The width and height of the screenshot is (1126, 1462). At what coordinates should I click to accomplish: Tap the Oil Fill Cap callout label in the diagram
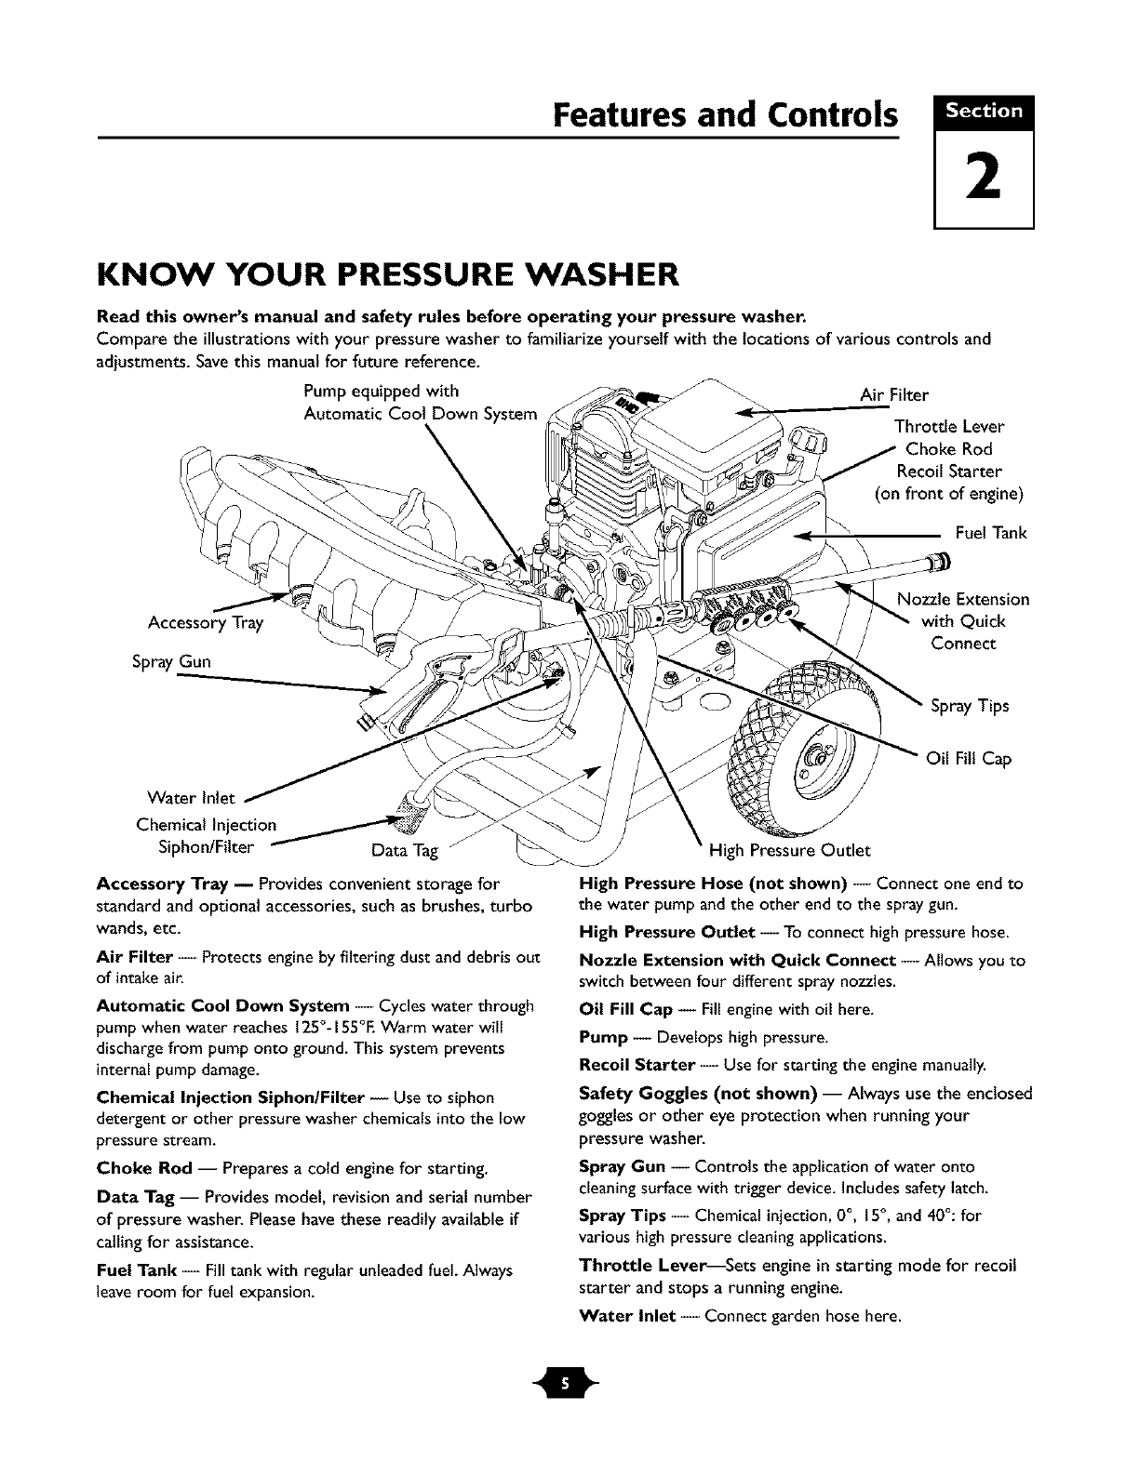coord(968,759)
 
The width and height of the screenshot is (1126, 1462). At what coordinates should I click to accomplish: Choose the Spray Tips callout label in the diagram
coord(970,706)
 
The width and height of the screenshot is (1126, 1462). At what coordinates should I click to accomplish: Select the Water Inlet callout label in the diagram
coord(193,798)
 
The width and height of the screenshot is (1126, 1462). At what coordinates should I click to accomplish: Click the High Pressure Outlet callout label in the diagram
coord(789,850)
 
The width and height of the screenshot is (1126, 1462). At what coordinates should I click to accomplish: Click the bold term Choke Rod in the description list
coord(144,1167)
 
